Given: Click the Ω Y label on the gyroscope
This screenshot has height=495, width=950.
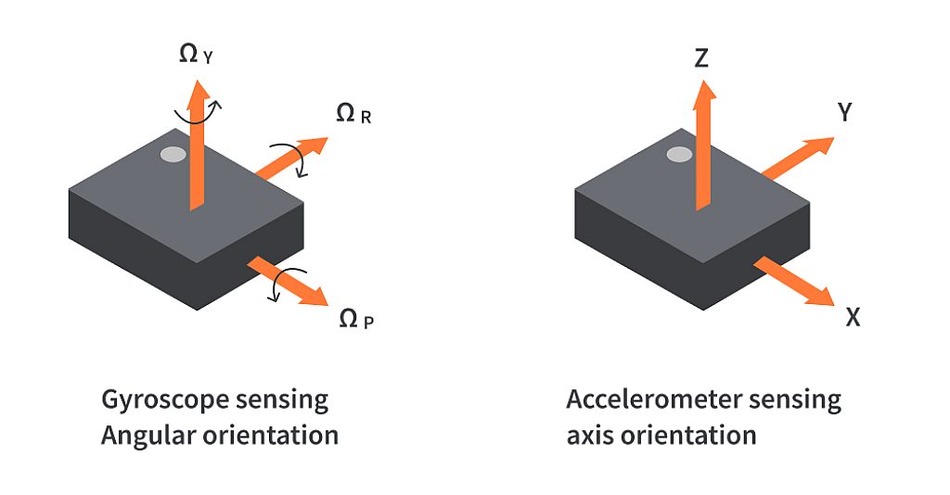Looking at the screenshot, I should coord(196,55).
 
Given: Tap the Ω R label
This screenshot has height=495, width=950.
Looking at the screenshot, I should coord(353,115).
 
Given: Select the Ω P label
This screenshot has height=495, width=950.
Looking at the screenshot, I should coord(356,321).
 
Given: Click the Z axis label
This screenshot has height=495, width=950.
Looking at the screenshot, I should coord(701,59).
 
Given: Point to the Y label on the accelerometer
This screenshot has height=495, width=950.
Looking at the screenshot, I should coord(844,113).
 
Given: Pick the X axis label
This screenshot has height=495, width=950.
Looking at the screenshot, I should coord(853,317).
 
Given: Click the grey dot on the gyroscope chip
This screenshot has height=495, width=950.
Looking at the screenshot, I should coord(173,155).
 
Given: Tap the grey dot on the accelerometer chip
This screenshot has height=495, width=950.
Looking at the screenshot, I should coord(679,154).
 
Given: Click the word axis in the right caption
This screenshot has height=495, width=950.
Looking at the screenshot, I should coord(589,434).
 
